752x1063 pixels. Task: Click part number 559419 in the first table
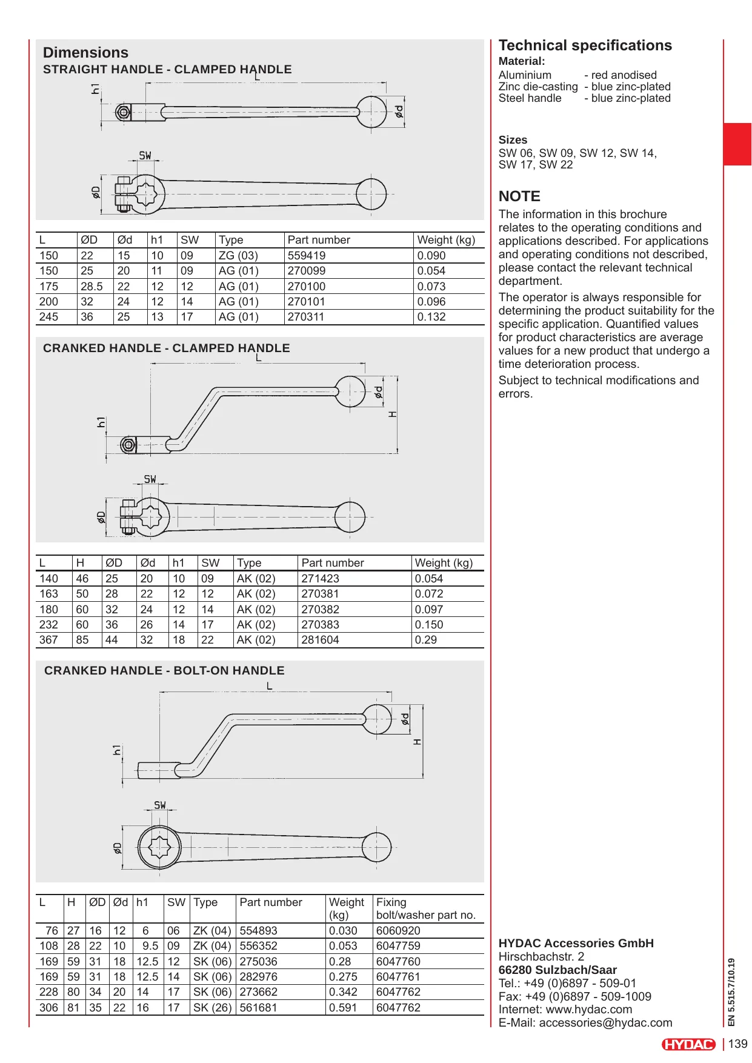(x=306, y=256)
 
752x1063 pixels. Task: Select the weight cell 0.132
(x=431, y=317)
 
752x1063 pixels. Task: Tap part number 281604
(x=320, y=640)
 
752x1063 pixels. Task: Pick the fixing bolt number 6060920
(x=398, y=931)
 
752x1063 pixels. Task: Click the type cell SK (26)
(x=212, y=1008)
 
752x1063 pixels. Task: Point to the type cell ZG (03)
(x=238, y=256)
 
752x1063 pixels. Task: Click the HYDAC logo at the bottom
(x=688, y=1044)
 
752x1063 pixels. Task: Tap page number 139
(x=737, y=1044)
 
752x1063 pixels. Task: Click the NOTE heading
(x=519, y=196)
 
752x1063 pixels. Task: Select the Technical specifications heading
(x=585, y=45)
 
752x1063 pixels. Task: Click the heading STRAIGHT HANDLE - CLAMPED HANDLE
(x=167, y=70)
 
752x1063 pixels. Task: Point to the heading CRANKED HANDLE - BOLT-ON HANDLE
(x=164, y=671)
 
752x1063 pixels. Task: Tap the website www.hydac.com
(x=588, y=1010)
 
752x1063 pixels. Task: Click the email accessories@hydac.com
(x=605, y=1023)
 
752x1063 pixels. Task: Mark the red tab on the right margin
(x=737, y=144)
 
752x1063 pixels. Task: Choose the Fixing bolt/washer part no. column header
(x=425, y=908)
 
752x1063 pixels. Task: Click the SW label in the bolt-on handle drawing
(x=160, y=805)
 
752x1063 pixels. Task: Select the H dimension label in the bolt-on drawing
(x=417, y=742)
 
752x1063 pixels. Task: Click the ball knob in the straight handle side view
(x=371, y=112)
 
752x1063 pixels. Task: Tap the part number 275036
(x=259, y=962)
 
